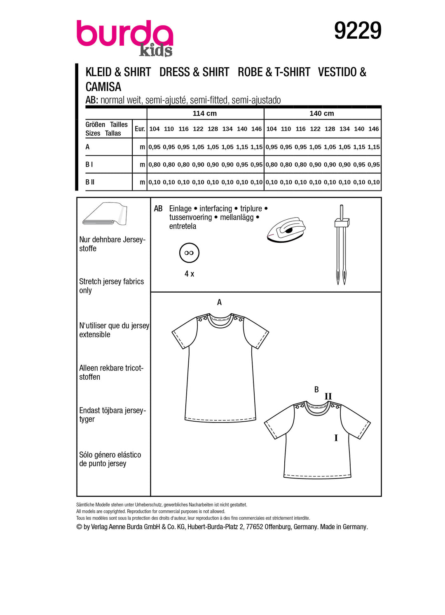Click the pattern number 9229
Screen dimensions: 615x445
click(x=358, y=31)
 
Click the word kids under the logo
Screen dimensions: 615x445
click(x=156, y=50)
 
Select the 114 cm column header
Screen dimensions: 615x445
click(x=205, y=113)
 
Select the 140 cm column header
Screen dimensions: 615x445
click(x=322, y=113)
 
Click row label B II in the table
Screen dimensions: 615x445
click(x=90, y=182)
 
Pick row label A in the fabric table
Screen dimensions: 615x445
click(x=87, y=147)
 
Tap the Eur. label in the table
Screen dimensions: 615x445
click(x=140, y=129)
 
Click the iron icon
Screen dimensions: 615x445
click(x=286, y=230)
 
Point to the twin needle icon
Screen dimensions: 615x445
click(x=342, y=245)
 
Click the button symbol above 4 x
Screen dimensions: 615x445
click(x=189, y=253)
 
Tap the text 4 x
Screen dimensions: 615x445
click(x=189, y=274)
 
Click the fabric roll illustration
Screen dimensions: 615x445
click(x=105, y=214)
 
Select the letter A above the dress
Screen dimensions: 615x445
click(x=219, y=302)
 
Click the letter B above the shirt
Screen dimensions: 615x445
click(x=316, y=389)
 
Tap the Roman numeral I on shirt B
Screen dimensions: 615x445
click(x=336, y=438)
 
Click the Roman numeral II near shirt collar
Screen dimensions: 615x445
click(x=328, y=396)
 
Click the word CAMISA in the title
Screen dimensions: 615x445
click(x=103, y=87)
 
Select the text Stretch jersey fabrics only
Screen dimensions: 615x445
click(x=111, y=286)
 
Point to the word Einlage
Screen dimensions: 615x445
click(x=180, y=209)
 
